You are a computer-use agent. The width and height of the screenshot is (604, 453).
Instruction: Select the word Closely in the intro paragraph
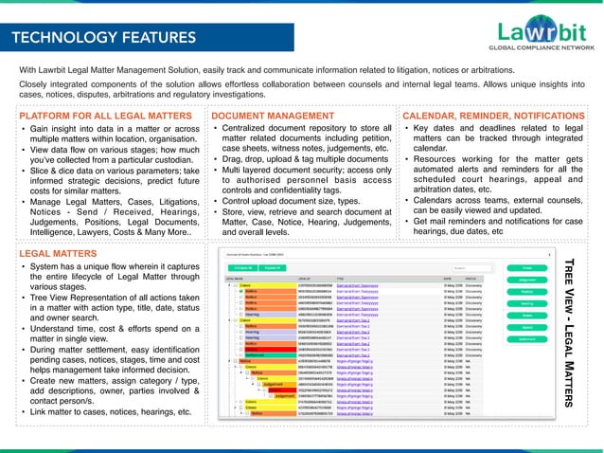tap(37, 83)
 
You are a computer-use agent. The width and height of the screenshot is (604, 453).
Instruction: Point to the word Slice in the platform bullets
tap(42, 172)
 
